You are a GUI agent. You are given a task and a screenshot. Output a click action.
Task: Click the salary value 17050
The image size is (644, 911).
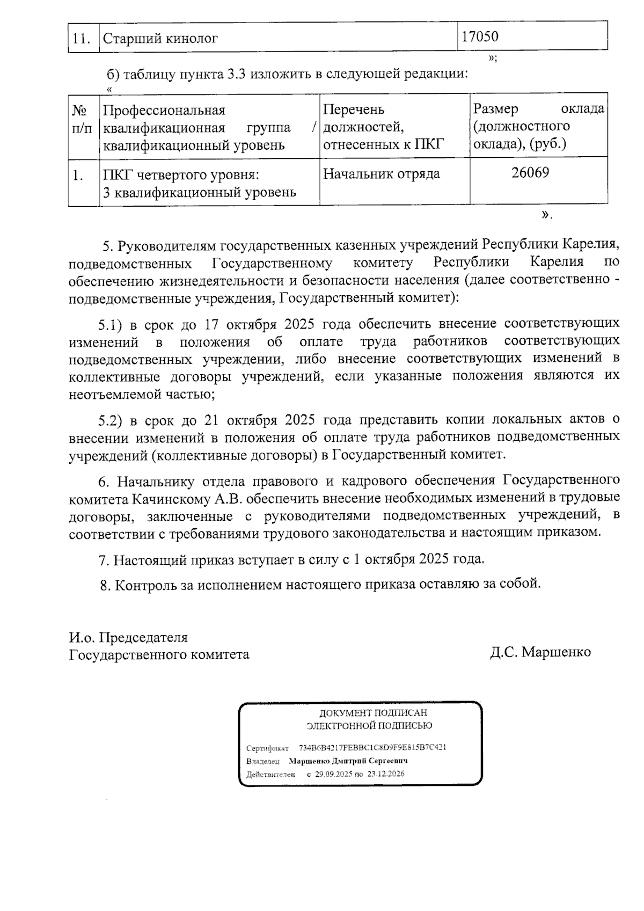[x=480, y=37]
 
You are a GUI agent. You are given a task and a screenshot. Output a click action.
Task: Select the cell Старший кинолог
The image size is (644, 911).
[x=160, y=39]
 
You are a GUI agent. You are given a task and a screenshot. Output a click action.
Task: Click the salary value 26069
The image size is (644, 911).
[x=530, y=173]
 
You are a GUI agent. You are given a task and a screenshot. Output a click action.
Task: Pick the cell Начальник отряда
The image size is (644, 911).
[x=381, y=174]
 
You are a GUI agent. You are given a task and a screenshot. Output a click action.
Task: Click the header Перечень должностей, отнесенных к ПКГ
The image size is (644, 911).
[x=384, y=127]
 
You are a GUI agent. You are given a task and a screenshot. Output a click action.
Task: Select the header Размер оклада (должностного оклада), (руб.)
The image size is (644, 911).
[x=538, y=126]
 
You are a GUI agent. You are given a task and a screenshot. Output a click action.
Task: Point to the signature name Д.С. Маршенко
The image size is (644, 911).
[x=540, y=652]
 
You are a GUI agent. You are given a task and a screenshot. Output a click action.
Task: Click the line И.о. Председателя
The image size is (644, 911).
[x=128, y=638]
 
